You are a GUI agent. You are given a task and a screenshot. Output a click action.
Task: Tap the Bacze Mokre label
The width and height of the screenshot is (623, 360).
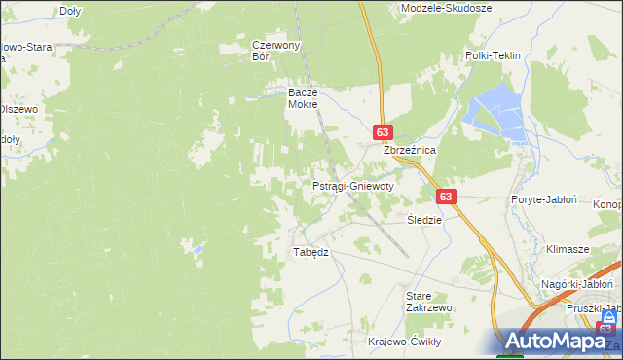(x=303, y=98)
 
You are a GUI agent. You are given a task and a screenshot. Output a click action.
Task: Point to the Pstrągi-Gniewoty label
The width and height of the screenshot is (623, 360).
(x=352, y=185)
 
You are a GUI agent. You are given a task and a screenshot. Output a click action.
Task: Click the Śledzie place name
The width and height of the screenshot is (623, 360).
(x=424, y=220)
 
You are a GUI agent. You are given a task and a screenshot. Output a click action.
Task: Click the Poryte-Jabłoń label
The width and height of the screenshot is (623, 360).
(x=544, y=198)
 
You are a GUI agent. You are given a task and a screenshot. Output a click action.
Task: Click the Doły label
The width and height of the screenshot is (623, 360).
(x=70, y=11)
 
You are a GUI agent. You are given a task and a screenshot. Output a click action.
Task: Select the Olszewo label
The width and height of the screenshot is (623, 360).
(x=18, y=109)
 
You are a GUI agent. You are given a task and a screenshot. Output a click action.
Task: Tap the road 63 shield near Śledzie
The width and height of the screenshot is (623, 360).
(x=445, y=196)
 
